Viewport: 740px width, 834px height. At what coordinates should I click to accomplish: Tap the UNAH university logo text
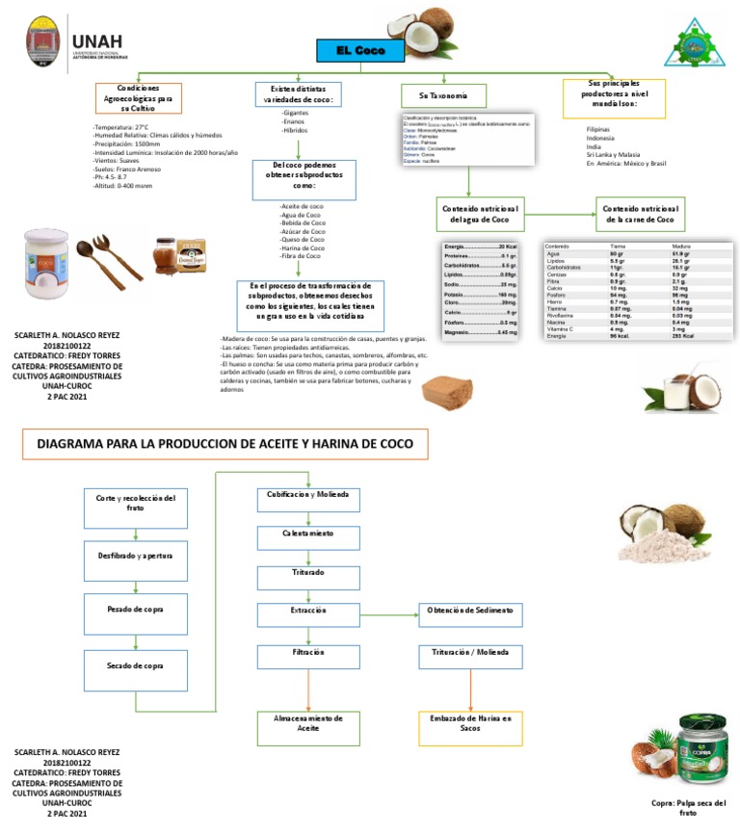[x=96, y=39]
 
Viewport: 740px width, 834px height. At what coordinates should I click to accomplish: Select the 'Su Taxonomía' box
[x=443, y=96]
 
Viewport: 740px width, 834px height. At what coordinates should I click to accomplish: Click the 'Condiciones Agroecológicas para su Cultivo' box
[x=137, y=98]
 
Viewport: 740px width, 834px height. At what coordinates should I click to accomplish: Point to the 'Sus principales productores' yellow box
[x=614, y=98]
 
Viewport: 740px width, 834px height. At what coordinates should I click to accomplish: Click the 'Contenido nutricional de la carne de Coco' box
[x=639, y=215]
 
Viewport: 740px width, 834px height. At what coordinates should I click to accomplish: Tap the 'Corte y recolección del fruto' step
[x=135, y=504]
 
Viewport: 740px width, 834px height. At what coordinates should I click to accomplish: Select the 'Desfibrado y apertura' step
[x=135, y=557]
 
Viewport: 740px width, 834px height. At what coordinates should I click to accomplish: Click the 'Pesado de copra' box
[x=135, y=612]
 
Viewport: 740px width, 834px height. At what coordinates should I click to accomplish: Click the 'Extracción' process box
[x=307, y=613]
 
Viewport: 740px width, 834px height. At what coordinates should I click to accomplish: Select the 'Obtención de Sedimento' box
[x=470, y=613]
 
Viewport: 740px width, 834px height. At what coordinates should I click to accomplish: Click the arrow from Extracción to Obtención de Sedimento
[x=388, y=613]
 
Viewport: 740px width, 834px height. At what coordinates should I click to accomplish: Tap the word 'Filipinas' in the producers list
[x=598, y=129]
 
